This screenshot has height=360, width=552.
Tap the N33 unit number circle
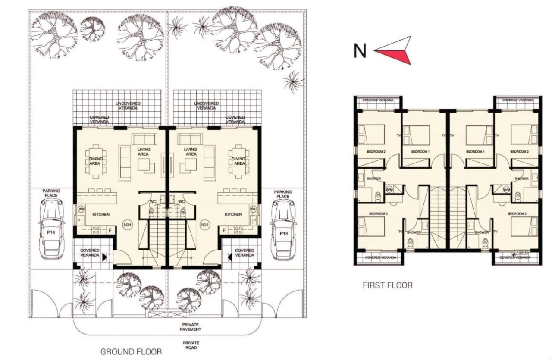204,225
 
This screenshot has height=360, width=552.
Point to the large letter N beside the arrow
360,51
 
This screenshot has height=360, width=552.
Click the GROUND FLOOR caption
131,352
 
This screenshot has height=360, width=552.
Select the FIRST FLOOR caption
387,285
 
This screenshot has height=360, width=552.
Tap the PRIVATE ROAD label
190,346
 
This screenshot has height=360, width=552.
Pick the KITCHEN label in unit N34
101,214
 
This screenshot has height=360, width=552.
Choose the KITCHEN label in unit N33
233,214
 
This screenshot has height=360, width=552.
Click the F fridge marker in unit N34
110,231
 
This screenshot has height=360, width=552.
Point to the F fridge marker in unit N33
223,231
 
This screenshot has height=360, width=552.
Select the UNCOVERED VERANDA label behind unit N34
128,106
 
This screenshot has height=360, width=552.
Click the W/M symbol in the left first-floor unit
389,189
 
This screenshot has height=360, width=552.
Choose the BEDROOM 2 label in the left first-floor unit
376,152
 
